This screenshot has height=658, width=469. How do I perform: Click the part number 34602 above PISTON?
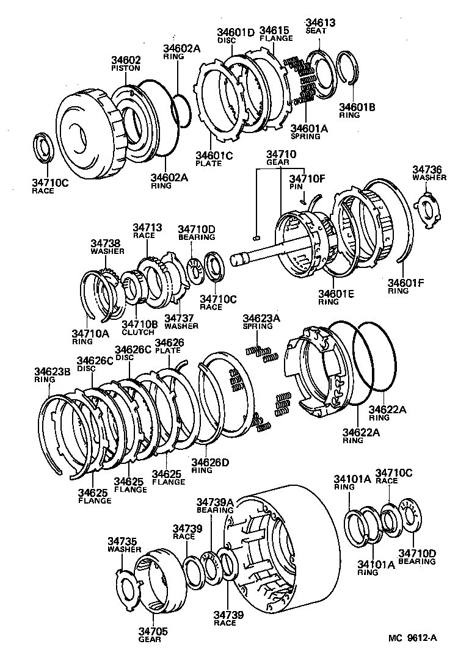point(126,60)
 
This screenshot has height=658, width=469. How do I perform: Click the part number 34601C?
point(214,156)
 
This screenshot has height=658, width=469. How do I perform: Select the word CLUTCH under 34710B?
point(138,332)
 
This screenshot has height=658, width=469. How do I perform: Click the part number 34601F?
point(405,283)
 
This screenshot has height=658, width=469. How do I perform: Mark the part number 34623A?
point(261,318)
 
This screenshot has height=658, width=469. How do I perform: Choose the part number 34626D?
point(209,462)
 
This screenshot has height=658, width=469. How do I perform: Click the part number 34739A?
point(214,502)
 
